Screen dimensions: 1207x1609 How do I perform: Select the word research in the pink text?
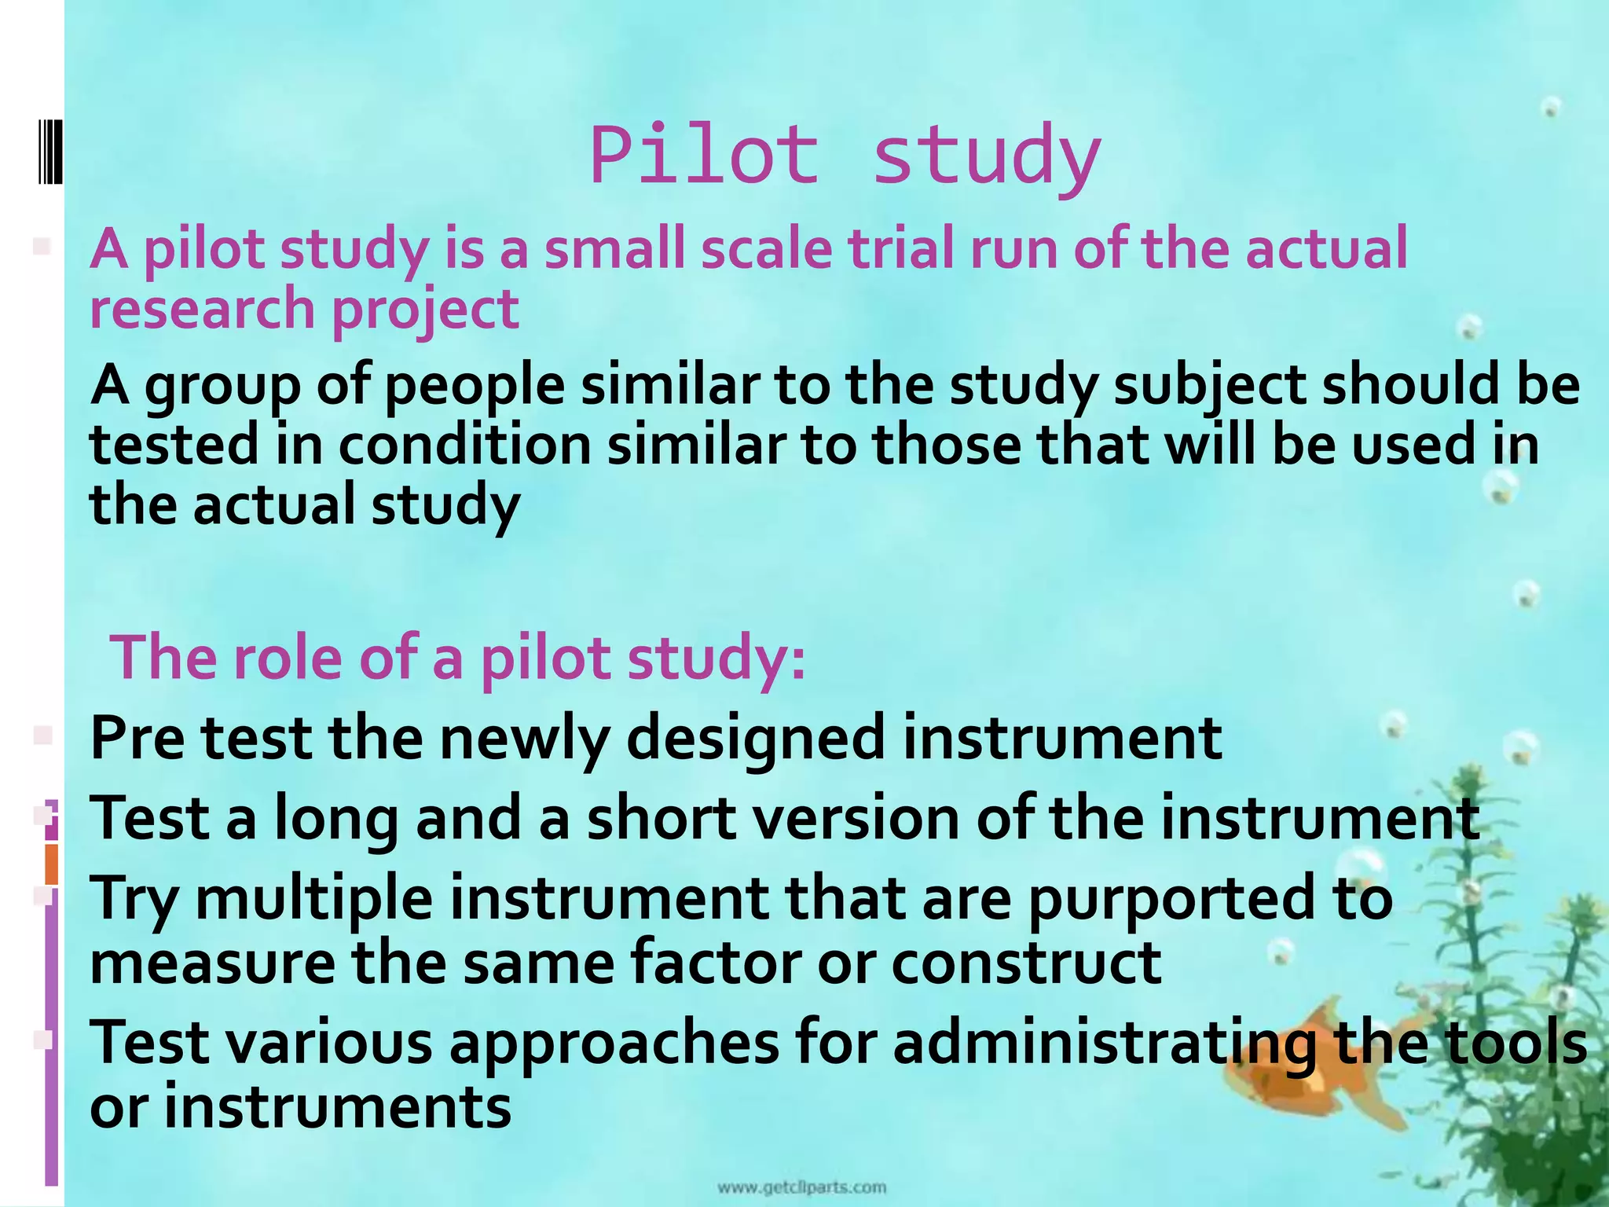click(x=203, y=308)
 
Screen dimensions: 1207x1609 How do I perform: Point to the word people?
click(x=475, y=386)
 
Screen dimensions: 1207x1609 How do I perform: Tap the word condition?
click(x=465, y=445)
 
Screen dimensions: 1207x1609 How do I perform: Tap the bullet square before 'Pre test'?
click(x=42, y=736)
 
